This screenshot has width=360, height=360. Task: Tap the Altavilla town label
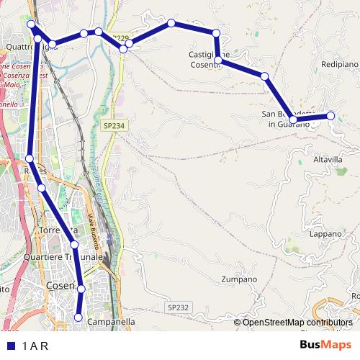click(328, 159)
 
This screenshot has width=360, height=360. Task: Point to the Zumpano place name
click(239, 279)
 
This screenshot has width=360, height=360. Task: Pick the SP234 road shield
click(114, 125)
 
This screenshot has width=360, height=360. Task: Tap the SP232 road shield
click(178, 307)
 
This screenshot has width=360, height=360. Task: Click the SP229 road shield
click(120, 38)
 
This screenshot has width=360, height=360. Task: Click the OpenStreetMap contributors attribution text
click(297, 323)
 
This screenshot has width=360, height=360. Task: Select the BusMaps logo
click(325, 345)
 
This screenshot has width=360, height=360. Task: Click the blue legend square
click(9, 345)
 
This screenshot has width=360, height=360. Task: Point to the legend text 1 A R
click(35, 345)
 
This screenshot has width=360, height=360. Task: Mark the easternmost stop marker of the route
click(331, 115)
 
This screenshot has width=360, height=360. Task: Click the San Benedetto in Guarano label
click(287, 119)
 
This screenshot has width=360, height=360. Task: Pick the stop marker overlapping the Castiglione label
click(218, 61)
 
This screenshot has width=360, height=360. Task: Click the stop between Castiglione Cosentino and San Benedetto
click(265, 76)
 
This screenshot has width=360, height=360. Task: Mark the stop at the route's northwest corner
click(31, 24)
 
